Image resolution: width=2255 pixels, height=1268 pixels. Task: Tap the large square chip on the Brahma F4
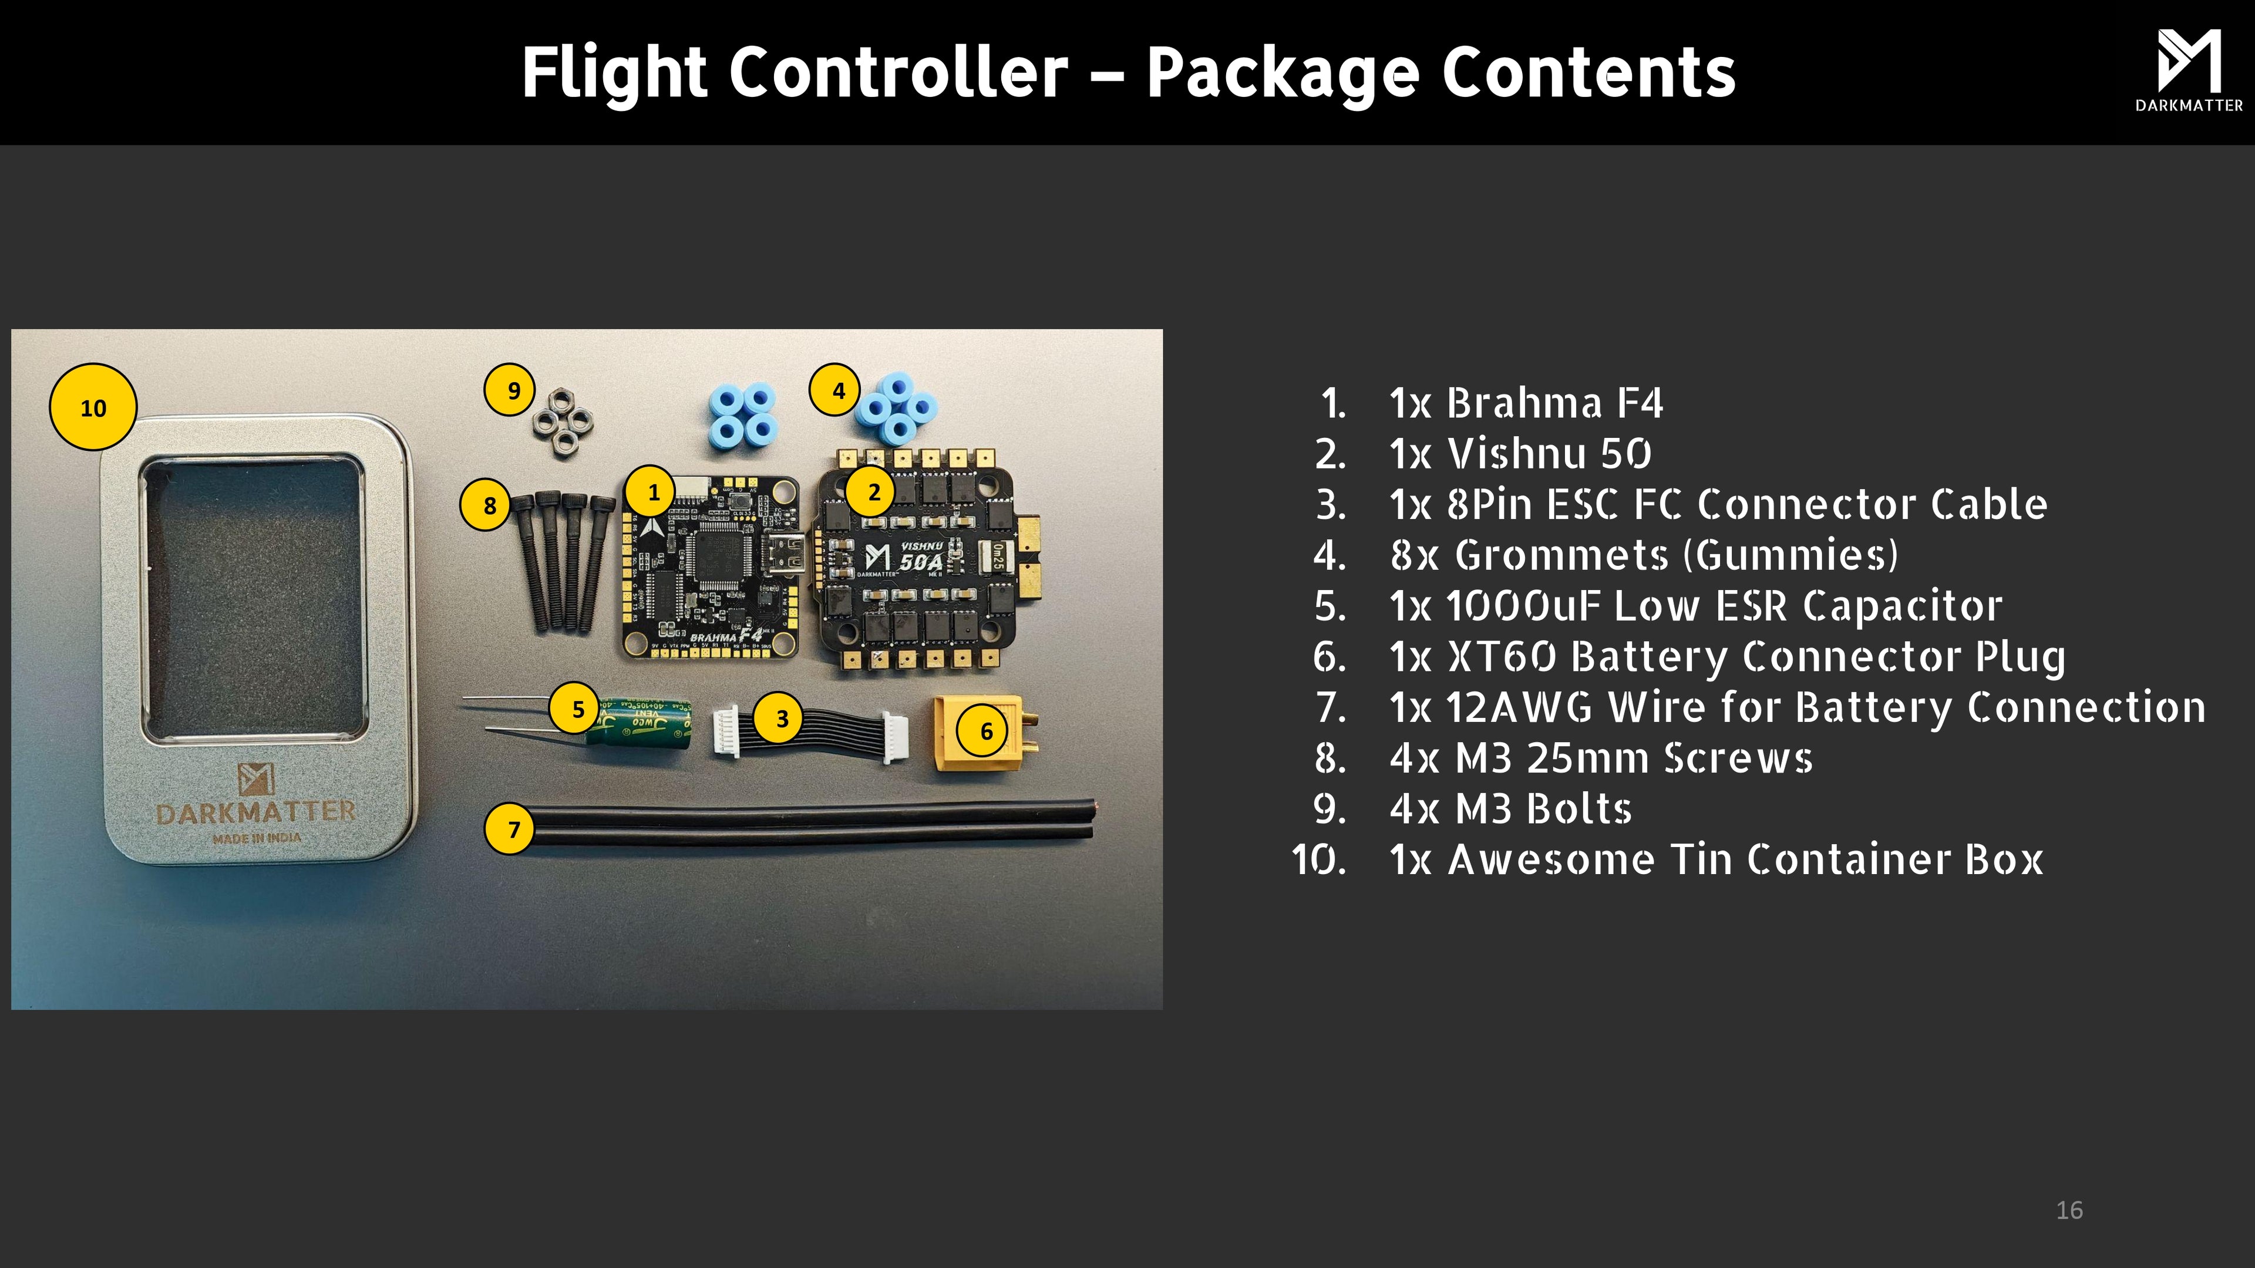coord(718,554)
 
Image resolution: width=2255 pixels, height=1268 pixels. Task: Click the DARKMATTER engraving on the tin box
coord(255,812)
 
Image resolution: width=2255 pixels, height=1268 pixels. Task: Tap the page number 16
coord(2068,1210)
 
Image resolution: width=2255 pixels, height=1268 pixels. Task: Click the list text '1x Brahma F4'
coord(1526,403)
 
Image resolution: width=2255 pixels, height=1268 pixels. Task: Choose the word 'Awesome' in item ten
coord(1551,860)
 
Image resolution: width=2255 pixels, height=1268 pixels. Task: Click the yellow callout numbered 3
coord(781,719)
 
